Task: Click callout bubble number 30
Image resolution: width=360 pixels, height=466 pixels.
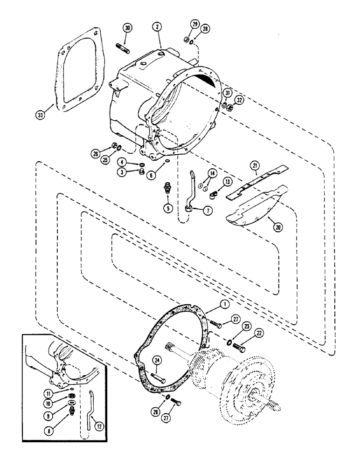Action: point(127,27)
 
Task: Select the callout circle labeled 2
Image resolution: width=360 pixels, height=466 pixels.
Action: point(159,27)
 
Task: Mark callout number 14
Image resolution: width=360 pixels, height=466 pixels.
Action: point(213,173)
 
